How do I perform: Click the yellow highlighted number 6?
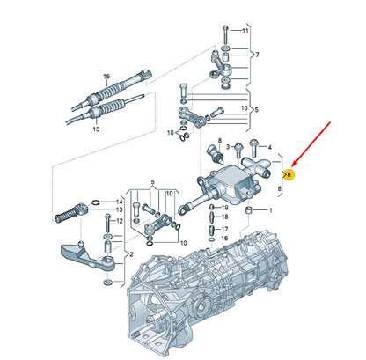(x=289, y=175)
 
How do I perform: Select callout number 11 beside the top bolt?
(x=245, y=31)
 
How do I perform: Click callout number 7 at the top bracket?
(x=257, y=55)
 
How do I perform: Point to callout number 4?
(x=270, y=147)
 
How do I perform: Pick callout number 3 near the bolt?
(x=228, y=146)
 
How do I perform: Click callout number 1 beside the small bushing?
(x=270, y=210)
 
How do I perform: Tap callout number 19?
(x=224, y=208)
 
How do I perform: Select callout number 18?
(x=224, y=217)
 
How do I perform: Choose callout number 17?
(x=224, y=229)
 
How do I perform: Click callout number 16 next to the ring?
(x=224, y=239)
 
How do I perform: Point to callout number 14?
(x=119, y=202)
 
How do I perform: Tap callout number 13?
(x=119, y=209)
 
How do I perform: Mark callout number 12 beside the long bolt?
(x=120, y=221)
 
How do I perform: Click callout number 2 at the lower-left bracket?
(x=131, y=254)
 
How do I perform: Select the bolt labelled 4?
(x=253, y=148)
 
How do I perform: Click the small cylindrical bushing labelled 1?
(x=249, y=210)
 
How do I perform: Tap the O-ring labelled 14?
(x=96, y=202)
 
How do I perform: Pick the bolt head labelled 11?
(x=225, y=28)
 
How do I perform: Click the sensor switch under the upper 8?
(x=216, y=154)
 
